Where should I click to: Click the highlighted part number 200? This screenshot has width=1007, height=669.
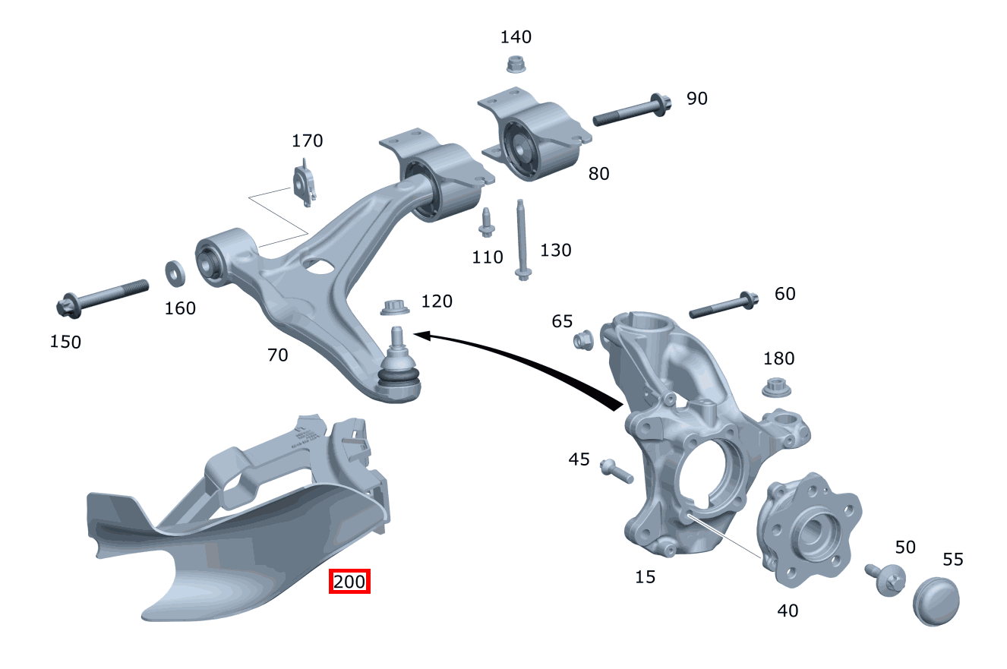[349, 582]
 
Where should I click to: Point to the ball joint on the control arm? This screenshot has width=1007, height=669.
[399, 368]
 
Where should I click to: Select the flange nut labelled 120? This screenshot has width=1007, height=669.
[393, 308]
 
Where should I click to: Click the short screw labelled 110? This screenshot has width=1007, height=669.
[485, 222]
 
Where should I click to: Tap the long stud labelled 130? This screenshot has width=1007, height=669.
[522, 239]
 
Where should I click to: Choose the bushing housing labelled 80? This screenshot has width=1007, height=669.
[535, 141]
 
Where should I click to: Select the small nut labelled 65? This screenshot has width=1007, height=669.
[582, 340]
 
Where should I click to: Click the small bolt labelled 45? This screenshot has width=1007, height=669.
[616, 471]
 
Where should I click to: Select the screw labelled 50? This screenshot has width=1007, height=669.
[885, 578]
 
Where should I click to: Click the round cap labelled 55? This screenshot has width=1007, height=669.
[936, 601]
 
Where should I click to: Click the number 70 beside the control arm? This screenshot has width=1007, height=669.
[277, 355]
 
